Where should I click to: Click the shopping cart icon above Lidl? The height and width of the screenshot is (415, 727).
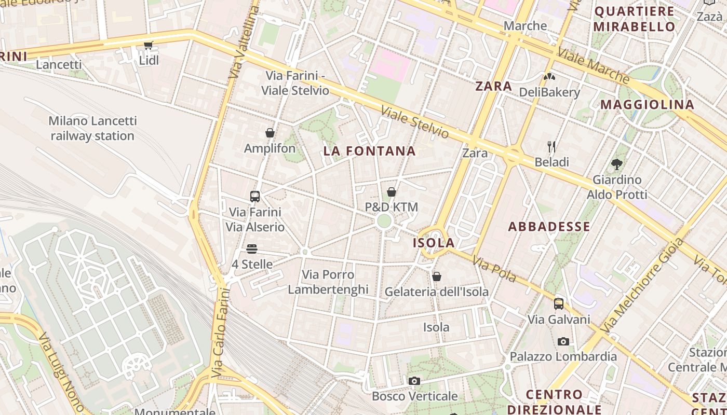[148, 46]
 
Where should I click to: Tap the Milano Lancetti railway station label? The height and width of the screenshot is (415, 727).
[93, 128]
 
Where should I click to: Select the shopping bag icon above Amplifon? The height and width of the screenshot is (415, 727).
[270, 133]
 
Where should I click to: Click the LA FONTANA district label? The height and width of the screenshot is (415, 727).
[369, 151]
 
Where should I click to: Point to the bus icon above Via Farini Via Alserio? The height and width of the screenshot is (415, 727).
[254, 197]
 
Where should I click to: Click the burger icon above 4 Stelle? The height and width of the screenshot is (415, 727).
[252, 249]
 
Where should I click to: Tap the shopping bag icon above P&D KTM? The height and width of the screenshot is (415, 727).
[392, 192]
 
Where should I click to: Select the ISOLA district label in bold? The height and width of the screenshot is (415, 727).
[434, 243]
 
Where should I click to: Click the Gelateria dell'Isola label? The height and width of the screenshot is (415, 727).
[436, 292]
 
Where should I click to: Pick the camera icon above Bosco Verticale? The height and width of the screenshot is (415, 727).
[414, 381]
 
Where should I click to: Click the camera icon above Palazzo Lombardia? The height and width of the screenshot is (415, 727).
[563, 341]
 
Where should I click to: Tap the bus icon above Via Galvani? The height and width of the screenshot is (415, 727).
[559, 304]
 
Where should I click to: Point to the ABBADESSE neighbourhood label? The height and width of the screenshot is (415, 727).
[549, 226]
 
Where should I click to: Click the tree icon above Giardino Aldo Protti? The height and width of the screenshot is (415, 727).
[617, 164]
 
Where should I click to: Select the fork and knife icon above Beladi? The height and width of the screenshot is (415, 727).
[551, 147]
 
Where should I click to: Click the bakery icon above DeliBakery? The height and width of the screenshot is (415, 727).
[549, 77]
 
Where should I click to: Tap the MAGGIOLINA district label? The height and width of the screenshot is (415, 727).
[647, 105]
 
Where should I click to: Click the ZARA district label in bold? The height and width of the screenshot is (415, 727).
[493, 86]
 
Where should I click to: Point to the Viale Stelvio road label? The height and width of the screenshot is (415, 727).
[414, 122]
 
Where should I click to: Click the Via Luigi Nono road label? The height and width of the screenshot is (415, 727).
[61, 372]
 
